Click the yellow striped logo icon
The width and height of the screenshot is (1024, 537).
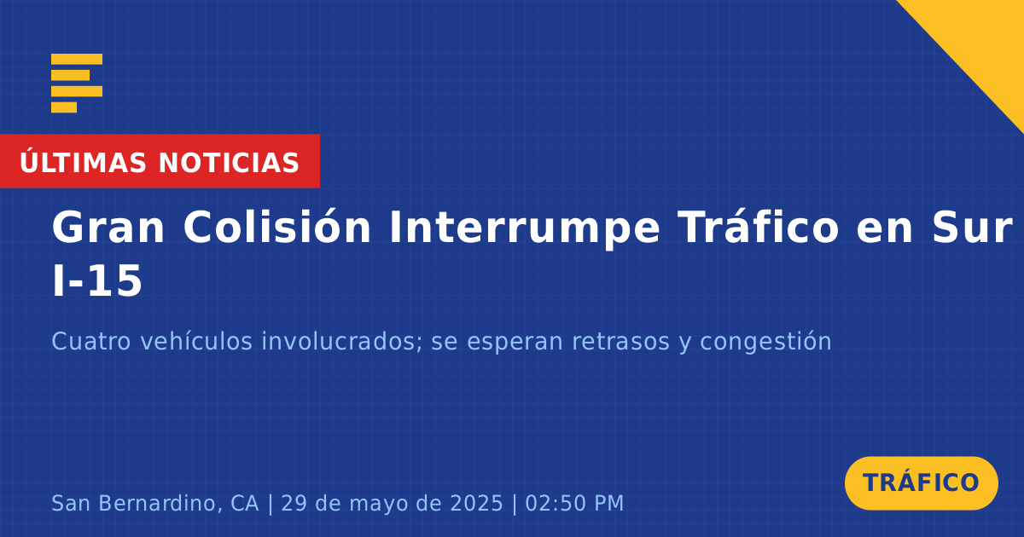click(x=77, y=84)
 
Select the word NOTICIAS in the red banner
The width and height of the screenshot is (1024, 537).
click(x=229, y=163)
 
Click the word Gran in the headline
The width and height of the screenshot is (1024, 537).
click(x=108, y=228)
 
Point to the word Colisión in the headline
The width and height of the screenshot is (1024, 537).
click(x=277, y=227)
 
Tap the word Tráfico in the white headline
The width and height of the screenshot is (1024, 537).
click(x=759, y=227)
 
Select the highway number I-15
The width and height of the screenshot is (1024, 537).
click(x=97, y=281)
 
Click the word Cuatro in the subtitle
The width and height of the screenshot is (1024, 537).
click(x=91, y=342)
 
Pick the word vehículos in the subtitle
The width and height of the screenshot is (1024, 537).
click(x=196, y=341)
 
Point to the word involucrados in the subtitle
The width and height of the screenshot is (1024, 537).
click(x=342, y=342)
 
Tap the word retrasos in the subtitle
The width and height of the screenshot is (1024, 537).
click(x=621, y=343)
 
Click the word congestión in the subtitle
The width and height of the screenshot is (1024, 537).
click(x=765, y=343)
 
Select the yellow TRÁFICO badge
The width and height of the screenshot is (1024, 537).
click(x=921, y=483)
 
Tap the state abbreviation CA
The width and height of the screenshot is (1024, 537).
click(x=245, y=503)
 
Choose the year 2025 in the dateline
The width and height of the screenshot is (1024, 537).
click(x=476, y=503)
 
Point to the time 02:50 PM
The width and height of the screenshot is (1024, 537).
click(x=574, y=503)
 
